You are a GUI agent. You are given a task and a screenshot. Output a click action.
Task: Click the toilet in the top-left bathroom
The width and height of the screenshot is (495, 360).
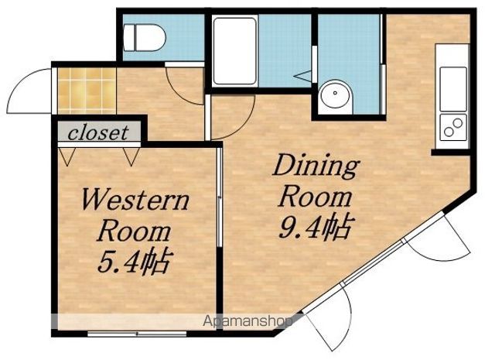pos(145,37)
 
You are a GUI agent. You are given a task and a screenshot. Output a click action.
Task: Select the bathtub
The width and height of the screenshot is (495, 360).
pos(234,50)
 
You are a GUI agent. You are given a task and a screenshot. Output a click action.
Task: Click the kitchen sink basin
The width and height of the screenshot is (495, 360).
pos(453,88)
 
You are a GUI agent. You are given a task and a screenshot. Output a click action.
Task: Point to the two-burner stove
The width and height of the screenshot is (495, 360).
pos(453,128)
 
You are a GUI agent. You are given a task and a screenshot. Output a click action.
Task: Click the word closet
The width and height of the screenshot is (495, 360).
pos(98,133)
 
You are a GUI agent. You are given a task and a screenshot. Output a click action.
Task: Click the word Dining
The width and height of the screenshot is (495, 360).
pos(316,166)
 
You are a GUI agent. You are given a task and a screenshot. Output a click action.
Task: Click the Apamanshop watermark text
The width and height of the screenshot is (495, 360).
pos(247,321)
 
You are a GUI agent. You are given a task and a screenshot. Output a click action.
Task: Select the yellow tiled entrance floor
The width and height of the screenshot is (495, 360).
pos(87,91)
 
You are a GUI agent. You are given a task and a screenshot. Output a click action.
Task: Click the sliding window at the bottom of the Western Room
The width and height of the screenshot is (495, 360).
pos(137,334)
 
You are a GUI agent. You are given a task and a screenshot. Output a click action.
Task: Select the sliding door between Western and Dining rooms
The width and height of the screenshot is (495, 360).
pos(220,196)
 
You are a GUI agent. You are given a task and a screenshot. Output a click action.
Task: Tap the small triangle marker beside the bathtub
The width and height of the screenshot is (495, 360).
pos(302,76)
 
